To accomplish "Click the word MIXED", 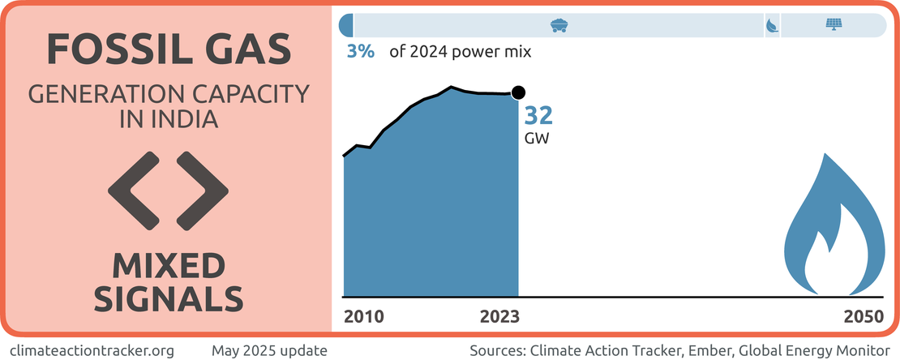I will [x=169, y=267].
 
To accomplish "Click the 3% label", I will [x=360, y=52].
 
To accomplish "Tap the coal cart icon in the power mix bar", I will [x=558, y=24].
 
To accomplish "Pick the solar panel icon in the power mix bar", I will [x=833, y=24].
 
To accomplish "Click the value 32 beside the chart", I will [x=539, y=115].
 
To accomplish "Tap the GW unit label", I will [x=538, y=138].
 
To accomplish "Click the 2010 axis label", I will [x=365, y=316].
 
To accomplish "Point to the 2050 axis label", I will [x=863, y=316].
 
